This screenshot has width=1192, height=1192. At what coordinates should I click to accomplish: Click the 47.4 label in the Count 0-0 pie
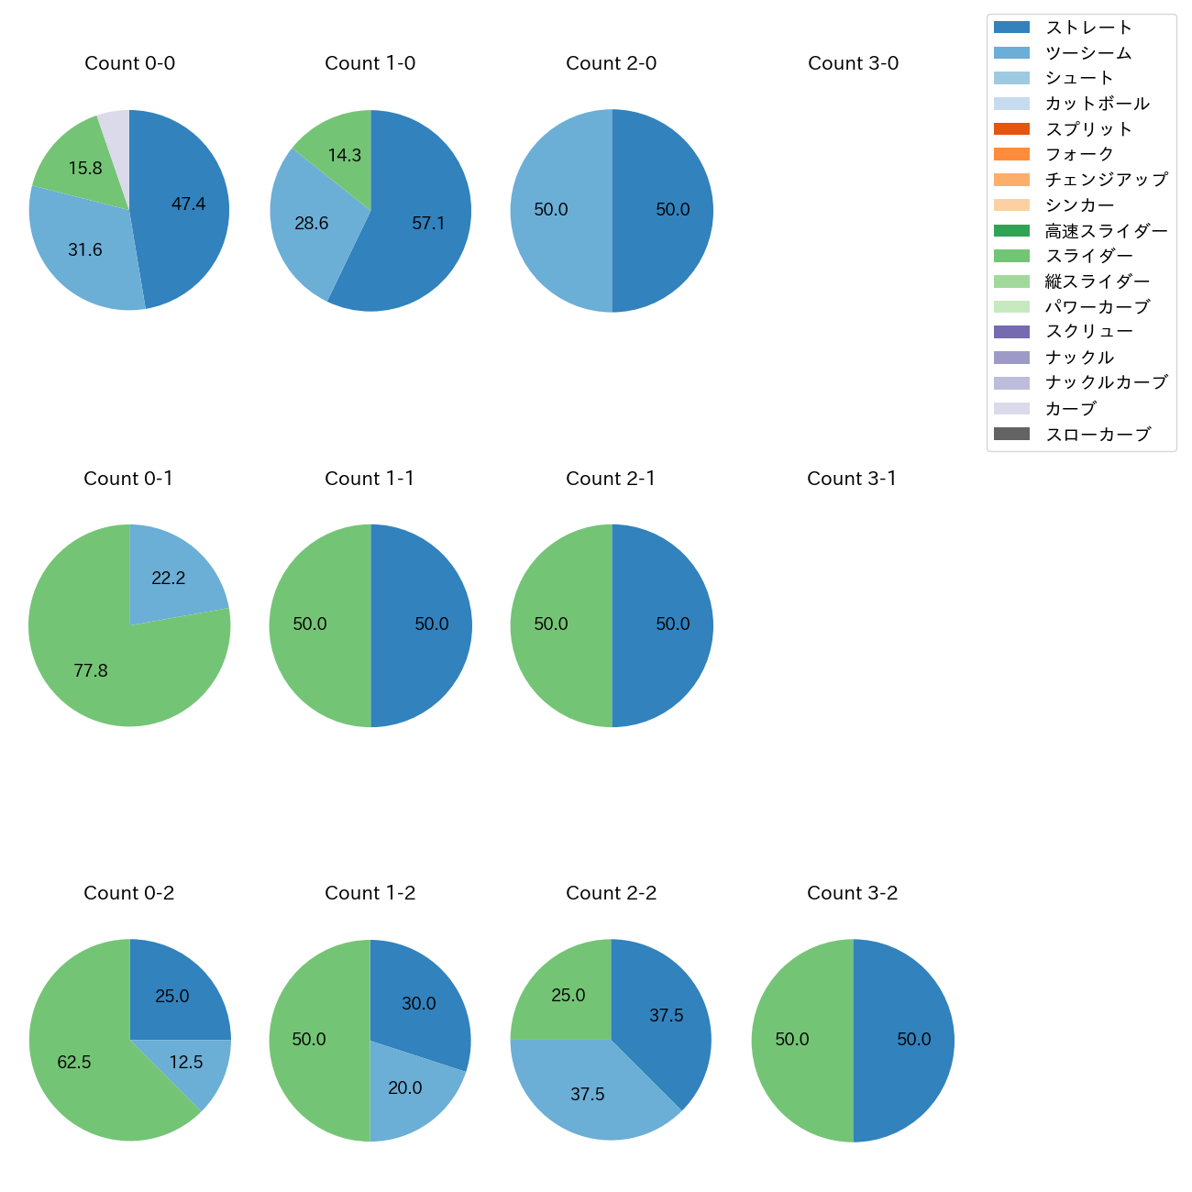click(x=188, y=204)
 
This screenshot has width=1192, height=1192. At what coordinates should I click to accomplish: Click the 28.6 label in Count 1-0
click(x=312, y=224)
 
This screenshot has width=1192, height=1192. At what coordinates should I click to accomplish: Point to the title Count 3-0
click(x=853, y=63)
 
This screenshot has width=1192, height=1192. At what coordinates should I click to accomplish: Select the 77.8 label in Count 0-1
click(x=91, y=671)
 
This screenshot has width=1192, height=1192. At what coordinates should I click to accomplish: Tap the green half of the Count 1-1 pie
click(x=316, y=625)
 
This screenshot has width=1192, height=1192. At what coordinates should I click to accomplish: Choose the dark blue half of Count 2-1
click(x=665, y=625)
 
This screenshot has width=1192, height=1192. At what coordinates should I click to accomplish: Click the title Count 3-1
click(x=852, y=479)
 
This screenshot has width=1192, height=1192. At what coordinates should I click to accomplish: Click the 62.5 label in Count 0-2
click(x=74, y=1063)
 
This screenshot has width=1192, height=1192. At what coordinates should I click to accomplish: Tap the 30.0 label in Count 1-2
click(x=419, y=1004)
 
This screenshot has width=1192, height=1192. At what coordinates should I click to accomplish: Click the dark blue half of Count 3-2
click(x=908, y=1040)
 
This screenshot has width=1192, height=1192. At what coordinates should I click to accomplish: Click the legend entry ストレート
click(x=1088, y=28)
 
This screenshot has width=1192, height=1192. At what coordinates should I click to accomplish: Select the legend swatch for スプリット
click(x=1011, y=128)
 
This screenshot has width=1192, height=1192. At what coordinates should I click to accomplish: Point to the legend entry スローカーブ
click(x=1098, y=435)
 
